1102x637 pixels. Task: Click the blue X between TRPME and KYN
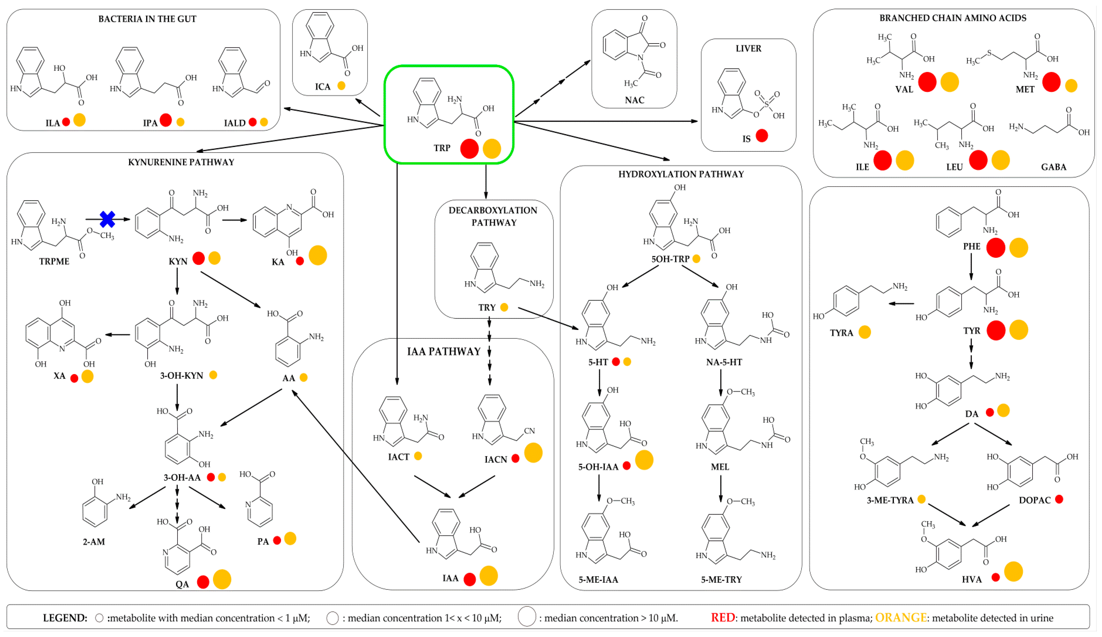[107, 219]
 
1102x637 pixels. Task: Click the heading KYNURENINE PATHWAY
[181, 162]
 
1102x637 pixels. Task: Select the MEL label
[720, 467]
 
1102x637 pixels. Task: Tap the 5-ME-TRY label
[721, 580]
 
